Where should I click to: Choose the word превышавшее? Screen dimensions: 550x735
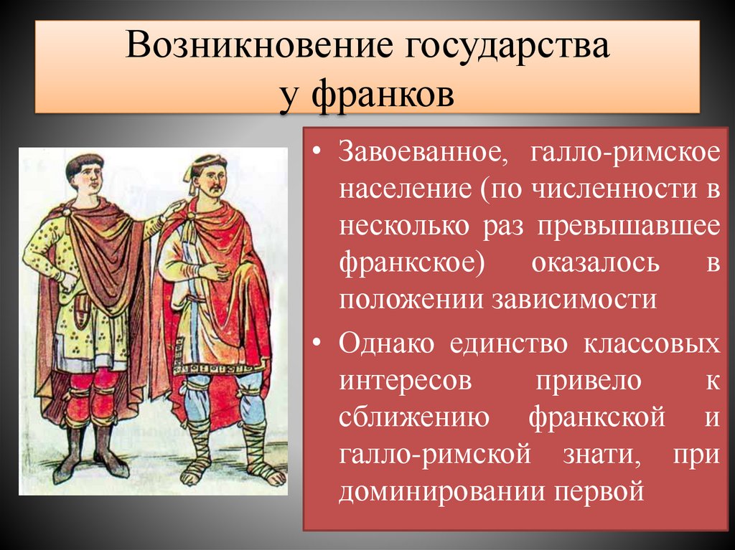(631, 226)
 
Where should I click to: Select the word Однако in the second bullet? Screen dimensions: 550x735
(387, 343)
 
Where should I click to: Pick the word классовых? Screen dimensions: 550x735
(651, 343)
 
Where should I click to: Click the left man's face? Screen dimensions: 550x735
(85, 176)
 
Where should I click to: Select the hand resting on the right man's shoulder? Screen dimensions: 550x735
(173, 210)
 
